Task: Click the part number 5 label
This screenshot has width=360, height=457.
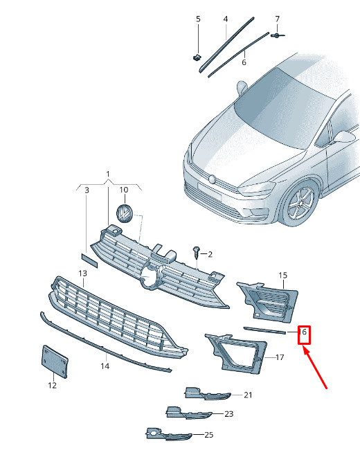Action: pos(198,19)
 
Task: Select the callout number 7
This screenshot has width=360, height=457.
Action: pos(277,19)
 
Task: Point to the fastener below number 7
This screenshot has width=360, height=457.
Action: pos(277,35)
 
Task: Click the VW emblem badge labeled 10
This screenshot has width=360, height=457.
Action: pos(125,214)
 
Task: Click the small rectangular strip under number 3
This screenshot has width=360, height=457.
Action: pos(90,260)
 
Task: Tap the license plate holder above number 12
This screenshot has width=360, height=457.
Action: pos(55,361)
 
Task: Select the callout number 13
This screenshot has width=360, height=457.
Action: pos(83,274)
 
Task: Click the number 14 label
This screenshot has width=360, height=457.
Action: pos(105,366)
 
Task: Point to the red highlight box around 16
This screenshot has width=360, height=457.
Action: pos(304,335)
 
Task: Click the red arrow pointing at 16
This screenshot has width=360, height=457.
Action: pos(316,368)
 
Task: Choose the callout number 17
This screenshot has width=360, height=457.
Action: pos(280,357)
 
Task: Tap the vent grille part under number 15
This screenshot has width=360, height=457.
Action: pos(268,302)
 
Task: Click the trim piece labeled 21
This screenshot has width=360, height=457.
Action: pos(207,394)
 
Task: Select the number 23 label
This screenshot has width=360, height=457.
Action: pos(229,414)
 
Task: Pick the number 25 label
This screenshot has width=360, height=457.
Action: pos(208,435)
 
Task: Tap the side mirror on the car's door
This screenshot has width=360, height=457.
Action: pos(344,136)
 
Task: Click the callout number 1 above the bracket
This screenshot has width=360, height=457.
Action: pos(108,174)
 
